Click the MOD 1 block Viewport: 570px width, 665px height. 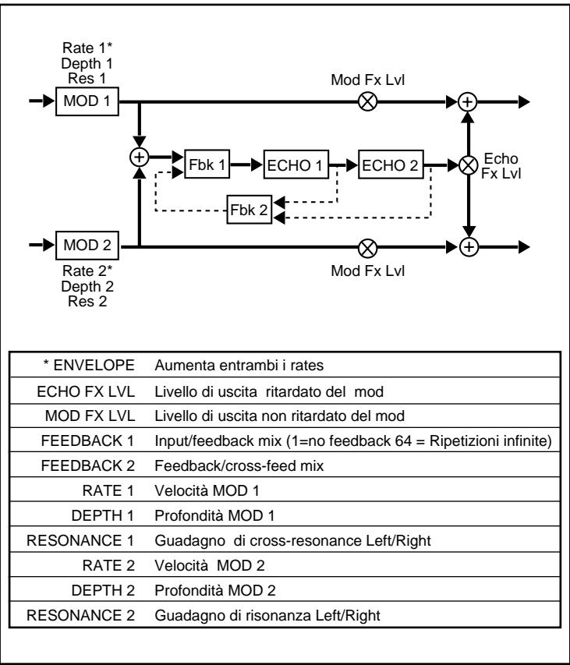(87, 102)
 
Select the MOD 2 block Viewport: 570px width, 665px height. (87, 246)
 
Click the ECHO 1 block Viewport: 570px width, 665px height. (296, 166)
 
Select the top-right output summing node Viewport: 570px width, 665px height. (468, 102)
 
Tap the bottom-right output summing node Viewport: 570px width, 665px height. (468, 246)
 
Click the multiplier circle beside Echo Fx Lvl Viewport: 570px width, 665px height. (468, 165)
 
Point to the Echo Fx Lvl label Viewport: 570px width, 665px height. (500, 166)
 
